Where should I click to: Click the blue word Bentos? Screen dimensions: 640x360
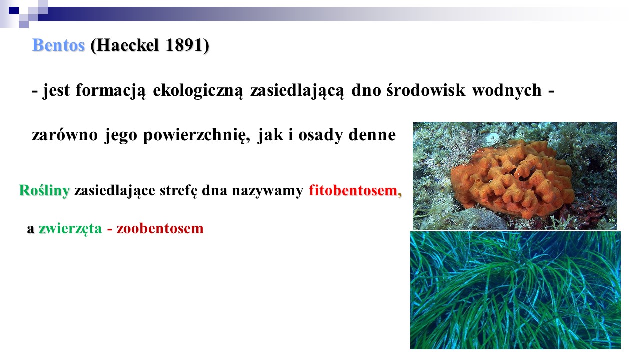59,45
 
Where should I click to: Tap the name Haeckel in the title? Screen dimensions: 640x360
125,45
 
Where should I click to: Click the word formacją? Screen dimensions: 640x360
110,91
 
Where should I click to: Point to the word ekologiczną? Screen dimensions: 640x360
198,91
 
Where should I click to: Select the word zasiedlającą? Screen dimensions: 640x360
297,91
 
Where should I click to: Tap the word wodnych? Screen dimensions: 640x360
507,91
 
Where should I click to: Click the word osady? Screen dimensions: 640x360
320,135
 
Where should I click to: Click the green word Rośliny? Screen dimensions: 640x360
44,191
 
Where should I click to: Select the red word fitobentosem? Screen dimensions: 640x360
353,190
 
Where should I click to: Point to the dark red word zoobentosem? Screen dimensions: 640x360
160,228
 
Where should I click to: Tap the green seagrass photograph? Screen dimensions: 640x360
515,290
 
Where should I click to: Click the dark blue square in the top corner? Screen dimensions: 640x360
14,11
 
